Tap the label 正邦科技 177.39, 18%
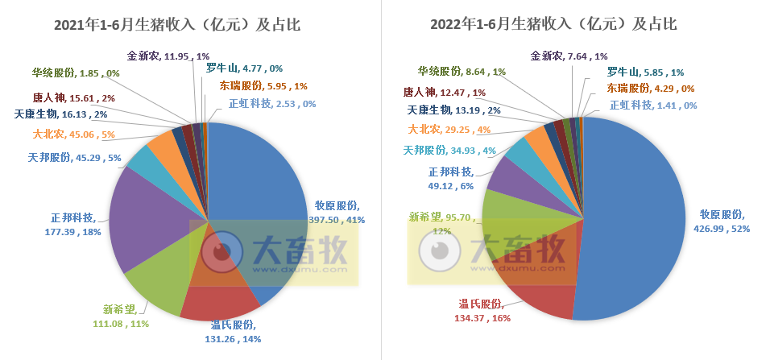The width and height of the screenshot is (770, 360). (x=72, y=225)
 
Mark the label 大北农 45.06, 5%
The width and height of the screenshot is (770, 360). (x=74, y=134)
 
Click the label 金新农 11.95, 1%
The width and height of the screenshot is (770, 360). (x=168, y=57)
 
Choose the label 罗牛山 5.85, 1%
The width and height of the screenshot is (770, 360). (x=645, y=72)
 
